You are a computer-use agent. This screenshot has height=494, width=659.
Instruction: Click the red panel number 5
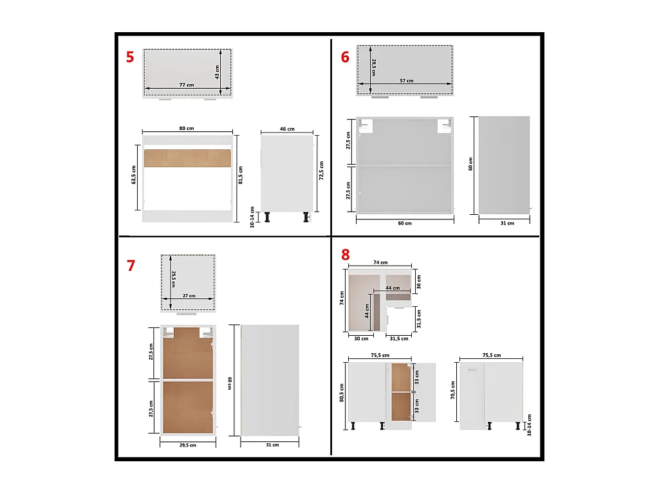[x=130, y=57]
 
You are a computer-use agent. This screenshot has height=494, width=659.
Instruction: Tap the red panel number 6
[x=345, y=57]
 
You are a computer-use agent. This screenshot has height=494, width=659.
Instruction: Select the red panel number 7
[x=131, y=266]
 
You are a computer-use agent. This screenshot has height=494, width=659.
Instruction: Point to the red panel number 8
[x=346, y=255]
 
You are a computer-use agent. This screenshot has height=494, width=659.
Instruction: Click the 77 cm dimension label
[x=187, y=85]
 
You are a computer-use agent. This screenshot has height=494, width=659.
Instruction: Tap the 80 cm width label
[x=187, y=129]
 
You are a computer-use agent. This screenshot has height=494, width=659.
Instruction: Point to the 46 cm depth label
[x=287, y=129]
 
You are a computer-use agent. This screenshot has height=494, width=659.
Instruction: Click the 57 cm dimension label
[x=406, y=81]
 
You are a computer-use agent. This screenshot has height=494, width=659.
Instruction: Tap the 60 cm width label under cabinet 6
[x=404, y=223]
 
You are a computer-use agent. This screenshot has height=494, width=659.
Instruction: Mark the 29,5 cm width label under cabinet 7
[x=187, y=444]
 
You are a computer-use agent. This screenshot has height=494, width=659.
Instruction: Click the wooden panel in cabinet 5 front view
[x=188, y=158]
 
